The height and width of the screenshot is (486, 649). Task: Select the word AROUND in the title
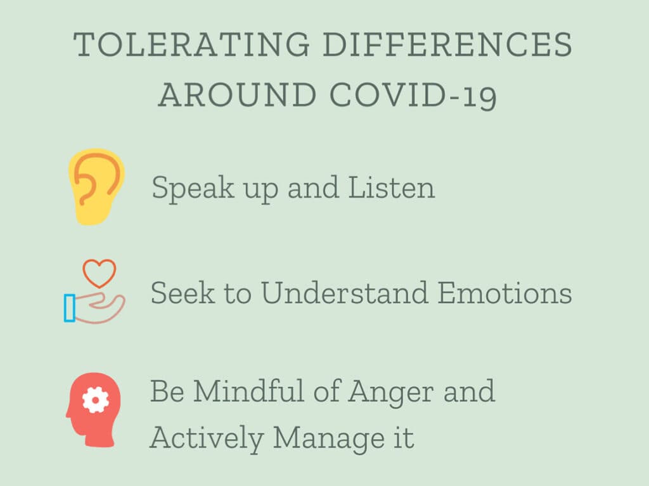pyautogui.click(x=238, y=95)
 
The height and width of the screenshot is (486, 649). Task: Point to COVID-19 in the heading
pyautogui.click(x=413, y=96)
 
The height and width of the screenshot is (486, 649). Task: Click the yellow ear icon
pyautogui.click(x=96, y=187)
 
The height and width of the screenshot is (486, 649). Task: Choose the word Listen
pyautogui.click(x=392, y=188)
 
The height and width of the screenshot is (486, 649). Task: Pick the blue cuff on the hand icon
pyautogui.click(x=70, y=307)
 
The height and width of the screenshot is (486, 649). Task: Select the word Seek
pyautogui.click(x=183, y=293)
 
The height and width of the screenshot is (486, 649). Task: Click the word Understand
pyautogui.click(x=344, y=293)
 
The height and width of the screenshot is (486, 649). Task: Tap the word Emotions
pyautogui.click(x=505, y=293)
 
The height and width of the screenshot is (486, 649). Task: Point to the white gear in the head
pyautogui.click(x=96, y=400)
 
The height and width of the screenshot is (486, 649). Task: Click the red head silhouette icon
pyautogui.click(x=94, y=410)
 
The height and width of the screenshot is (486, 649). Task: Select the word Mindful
pyautogui.click(x=248, y=390)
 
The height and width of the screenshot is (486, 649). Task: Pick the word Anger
pyautogui.click(x=391, y=392)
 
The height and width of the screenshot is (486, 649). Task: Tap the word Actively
pyautogui.click(x=207, y=438)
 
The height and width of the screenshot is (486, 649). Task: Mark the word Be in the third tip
pyautogui.click(x=167, y=391)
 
